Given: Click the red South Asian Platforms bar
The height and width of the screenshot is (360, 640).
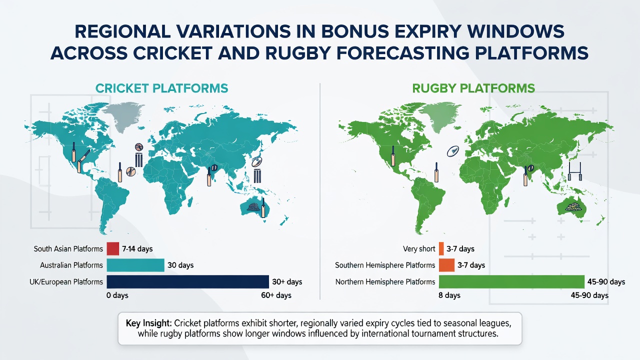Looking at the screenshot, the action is (113, 248).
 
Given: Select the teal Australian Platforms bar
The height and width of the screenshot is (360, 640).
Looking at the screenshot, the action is (135, 265).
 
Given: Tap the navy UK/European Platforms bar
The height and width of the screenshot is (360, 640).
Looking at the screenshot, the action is (187, 281).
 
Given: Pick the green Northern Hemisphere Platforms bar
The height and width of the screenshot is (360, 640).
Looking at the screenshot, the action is (511, 281).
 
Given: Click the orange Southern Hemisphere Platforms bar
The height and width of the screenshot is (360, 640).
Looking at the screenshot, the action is (446, 265).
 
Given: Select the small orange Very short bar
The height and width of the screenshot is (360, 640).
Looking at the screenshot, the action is (441, 248).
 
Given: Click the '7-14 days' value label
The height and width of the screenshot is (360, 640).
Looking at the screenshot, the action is (137, 249).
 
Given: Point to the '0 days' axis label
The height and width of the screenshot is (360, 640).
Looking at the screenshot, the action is (117, 295).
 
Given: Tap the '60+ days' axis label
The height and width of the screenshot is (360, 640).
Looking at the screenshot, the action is (276, 295).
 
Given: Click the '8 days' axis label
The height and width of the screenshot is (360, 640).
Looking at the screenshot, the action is (449, 295).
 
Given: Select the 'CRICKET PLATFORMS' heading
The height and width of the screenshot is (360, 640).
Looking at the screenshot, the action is (161, 88).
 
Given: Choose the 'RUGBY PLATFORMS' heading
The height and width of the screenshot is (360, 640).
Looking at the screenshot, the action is (473, 88).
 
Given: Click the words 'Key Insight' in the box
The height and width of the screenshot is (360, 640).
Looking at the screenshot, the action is (148, 323).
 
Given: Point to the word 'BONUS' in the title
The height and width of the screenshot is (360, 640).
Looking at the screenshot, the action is (355, 31).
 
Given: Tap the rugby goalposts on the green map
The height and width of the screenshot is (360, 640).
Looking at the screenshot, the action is (575, 171).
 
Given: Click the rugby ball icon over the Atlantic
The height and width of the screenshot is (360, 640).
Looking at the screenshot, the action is (453, 151).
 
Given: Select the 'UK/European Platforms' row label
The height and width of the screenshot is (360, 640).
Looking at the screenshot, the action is (66, 282).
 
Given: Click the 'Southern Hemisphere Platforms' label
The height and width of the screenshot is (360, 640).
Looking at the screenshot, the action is (385, 265).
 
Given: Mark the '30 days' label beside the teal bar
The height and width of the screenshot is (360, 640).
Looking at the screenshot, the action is (180, 265).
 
